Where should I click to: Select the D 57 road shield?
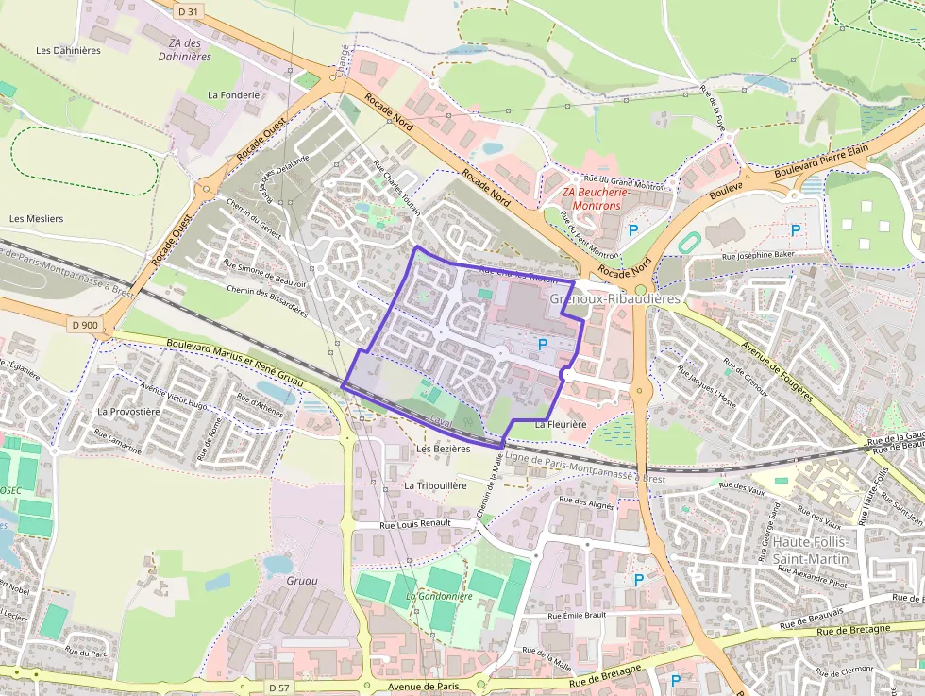pyautogui.click(x=277, y=687)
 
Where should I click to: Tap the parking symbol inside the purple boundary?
pyautogui.click(x=542, y=345)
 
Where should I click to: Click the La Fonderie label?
pyautogui.click(x=233, y=95)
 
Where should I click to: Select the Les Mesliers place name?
pyautogui.click(x=36, y=219)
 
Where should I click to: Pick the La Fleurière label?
pyautogui.click(x=561, y=425)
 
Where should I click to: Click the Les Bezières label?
pyautogui.click(x=443, y=450)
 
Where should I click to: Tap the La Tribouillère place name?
pyautogui.click(x=435, y=485)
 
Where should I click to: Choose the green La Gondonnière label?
pyautogui.click(x=439, y=597)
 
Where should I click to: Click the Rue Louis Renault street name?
pyautogui.click(x=414, y=522)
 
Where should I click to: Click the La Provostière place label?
pyautogui.click(x=128, y=412)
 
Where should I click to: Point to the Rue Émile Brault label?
pyautogui.click(x=578, y=615)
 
